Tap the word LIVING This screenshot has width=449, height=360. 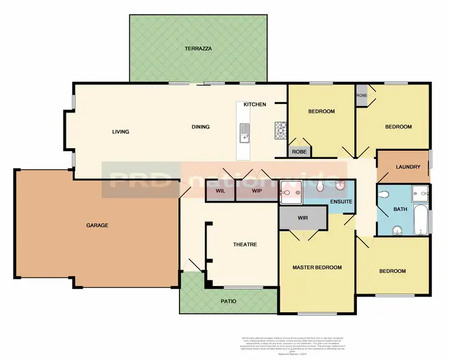click(x=120, y=132)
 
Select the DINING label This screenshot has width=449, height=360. click(x=201, y=127)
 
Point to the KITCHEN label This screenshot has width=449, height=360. click(x=254, y=105)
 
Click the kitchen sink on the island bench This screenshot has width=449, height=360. click(x=244, y=133)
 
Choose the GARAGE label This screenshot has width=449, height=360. click(x=96, y=225)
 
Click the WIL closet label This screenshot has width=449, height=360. click(x=220, y=191)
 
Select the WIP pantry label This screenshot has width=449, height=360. click(x=257, y=191)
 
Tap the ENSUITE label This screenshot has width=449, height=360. click(x=341, y=202)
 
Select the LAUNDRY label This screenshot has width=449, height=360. click(x=408, y=167)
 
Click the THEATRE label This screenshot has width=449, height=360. click(x=244, y=245)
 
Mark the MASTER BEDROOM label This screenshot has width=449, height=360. click(x=317, y=267)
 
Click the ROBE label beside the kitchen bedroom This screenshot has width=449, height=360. click(x=299, y=152)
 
